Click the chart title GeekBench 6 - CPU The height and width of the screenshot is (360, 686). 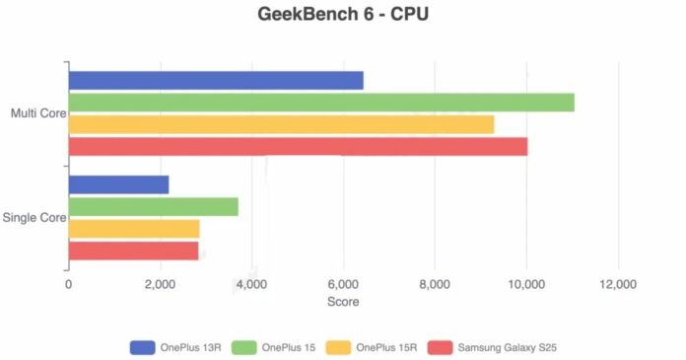click(343, 15)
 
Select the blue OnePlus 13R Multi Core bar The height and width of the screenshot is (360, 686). click(215, 81)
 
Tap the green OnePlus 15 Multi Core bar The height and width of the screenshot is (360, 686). click(320, 103)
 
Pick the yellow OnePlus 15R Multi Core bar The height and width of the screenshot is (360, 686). click(281, 124)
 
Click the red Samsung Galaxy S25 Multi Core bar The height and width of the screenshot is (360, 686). click(298, 146)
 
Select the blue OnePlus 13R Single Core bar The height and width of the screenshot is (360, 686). click(118, 184)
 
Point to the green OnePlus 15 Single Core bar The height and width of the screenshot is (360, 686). click(153, 206)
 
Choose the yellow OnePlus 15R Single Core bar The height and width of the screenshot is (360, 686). click(133, 229)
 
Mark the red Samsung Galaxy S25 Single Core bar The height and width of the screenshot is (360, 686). click(133, 251)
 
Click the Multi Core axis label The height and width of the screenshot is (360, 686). click(37, 113)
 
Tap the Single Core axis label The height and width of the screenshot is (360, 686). click(34, 218)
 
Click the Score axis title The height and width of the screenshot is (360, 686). click(343, 302)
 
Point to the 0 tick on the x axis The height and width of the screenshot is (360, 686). click(68, 284)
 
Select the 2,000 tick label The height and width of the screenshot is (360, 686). click(160, 284)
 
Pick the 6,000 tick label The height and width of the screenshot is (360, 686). click(343, 284)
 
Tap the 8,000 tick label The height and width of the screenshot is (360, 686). click(435, 284)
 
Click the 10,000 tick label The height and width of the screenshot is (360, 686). click(526, 284)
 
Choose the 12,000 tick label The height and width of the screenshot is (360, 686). click(618, 284)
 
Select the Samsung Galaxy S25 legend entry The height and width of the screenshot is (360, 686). click(503, 347)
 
